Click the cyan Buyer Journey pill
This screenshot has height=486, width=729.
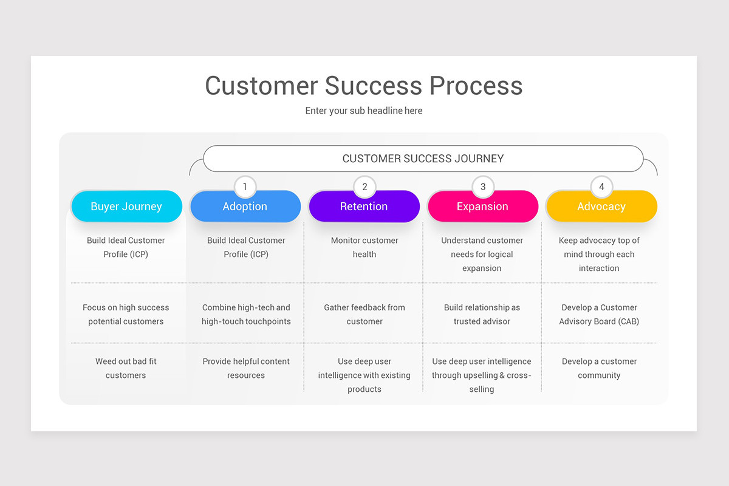[x=126, y=207]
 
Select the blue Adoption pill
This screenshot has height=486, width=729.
[x=245, y=207]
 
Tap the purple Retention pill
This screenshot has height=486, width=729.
[x=364, y=207]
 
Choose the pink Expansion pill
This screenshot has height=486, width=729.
[x=482, y=207]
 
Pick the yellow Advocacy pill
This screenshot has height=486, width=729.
[x=601, y=207]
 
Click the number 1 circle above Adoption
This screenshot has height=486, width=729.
[x=245, y=187]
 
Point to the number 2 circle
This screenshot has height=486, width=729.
[x=364, y=187]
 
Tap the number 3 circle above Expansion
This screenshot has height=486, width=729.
[x=483, y=187]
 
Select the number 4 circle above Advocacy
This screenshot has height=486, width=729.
[x=601, y=187]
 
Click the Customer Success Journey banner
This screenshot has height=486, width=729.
[x=423, y=159]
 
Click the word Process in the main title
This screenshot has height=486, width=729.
[x=476, y=86]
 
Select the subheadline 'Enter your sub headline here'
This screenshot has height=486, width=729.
[x=364, y=111]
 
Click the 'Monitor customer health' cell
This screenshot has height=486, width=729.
[x=364, y=247]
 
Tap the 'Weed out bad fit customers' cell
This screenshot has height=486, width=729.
[x=126, y=368]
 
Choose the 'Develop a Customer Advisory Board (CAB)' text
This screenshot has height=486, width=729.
[x=599, y=314]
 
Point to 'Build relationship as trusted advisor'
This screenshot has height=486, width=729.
[x=482, y=314]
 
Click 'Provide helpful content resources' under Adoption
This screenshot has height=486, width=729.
[x=246, y=368]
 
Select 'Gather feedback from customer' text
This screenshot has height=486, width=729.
[x=364, y=314]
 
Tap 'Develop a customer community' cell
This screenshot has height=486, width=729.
[x=599, y=368]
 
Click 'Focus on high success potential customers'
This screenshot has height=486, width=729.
[x=126, y=314]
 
